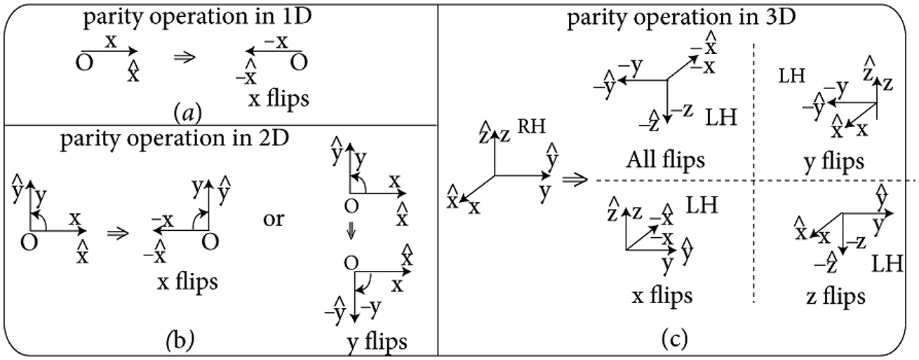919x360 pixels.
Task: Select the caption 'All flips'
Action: click(x=666, y=161)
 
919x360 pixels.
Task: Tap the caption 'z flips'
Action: click(x=834, y=298)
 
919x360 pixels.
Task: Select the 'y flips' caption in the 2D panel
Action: click(x=376, y=343)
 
